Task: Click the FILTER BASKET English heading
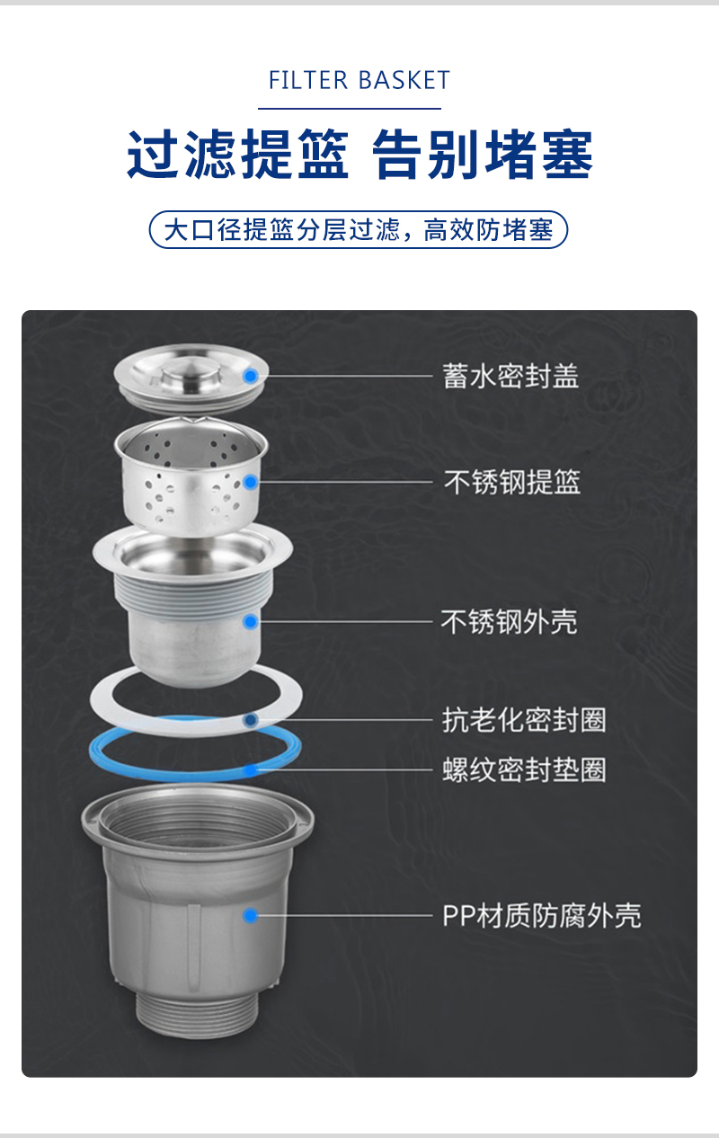click(359, 80)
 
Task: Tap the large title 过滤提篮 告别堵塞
click(359, 154)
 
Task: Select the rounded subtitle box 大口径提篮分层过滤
click(359, 229)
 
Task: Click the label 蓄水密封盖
click(510, 376)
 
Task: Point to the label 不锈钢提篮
click(511, 482)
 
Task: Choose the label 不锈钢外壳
click(510, 621)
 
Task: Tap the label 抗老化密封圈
click(524, 720)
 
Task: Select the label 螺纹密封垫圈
click(524, 769)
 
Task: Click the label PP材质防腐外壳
click(542, 916)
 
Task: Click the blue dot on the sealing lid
click(250, 376)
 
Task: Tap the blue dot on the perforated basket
click(250, 482)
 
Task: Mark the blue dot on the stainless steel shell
click(250, 621)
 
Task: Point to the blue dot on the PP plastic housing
click(250, 916)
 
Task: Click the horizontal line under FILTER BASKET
click(350, 108)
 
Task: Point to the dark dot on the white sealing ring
click(250, 720)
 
